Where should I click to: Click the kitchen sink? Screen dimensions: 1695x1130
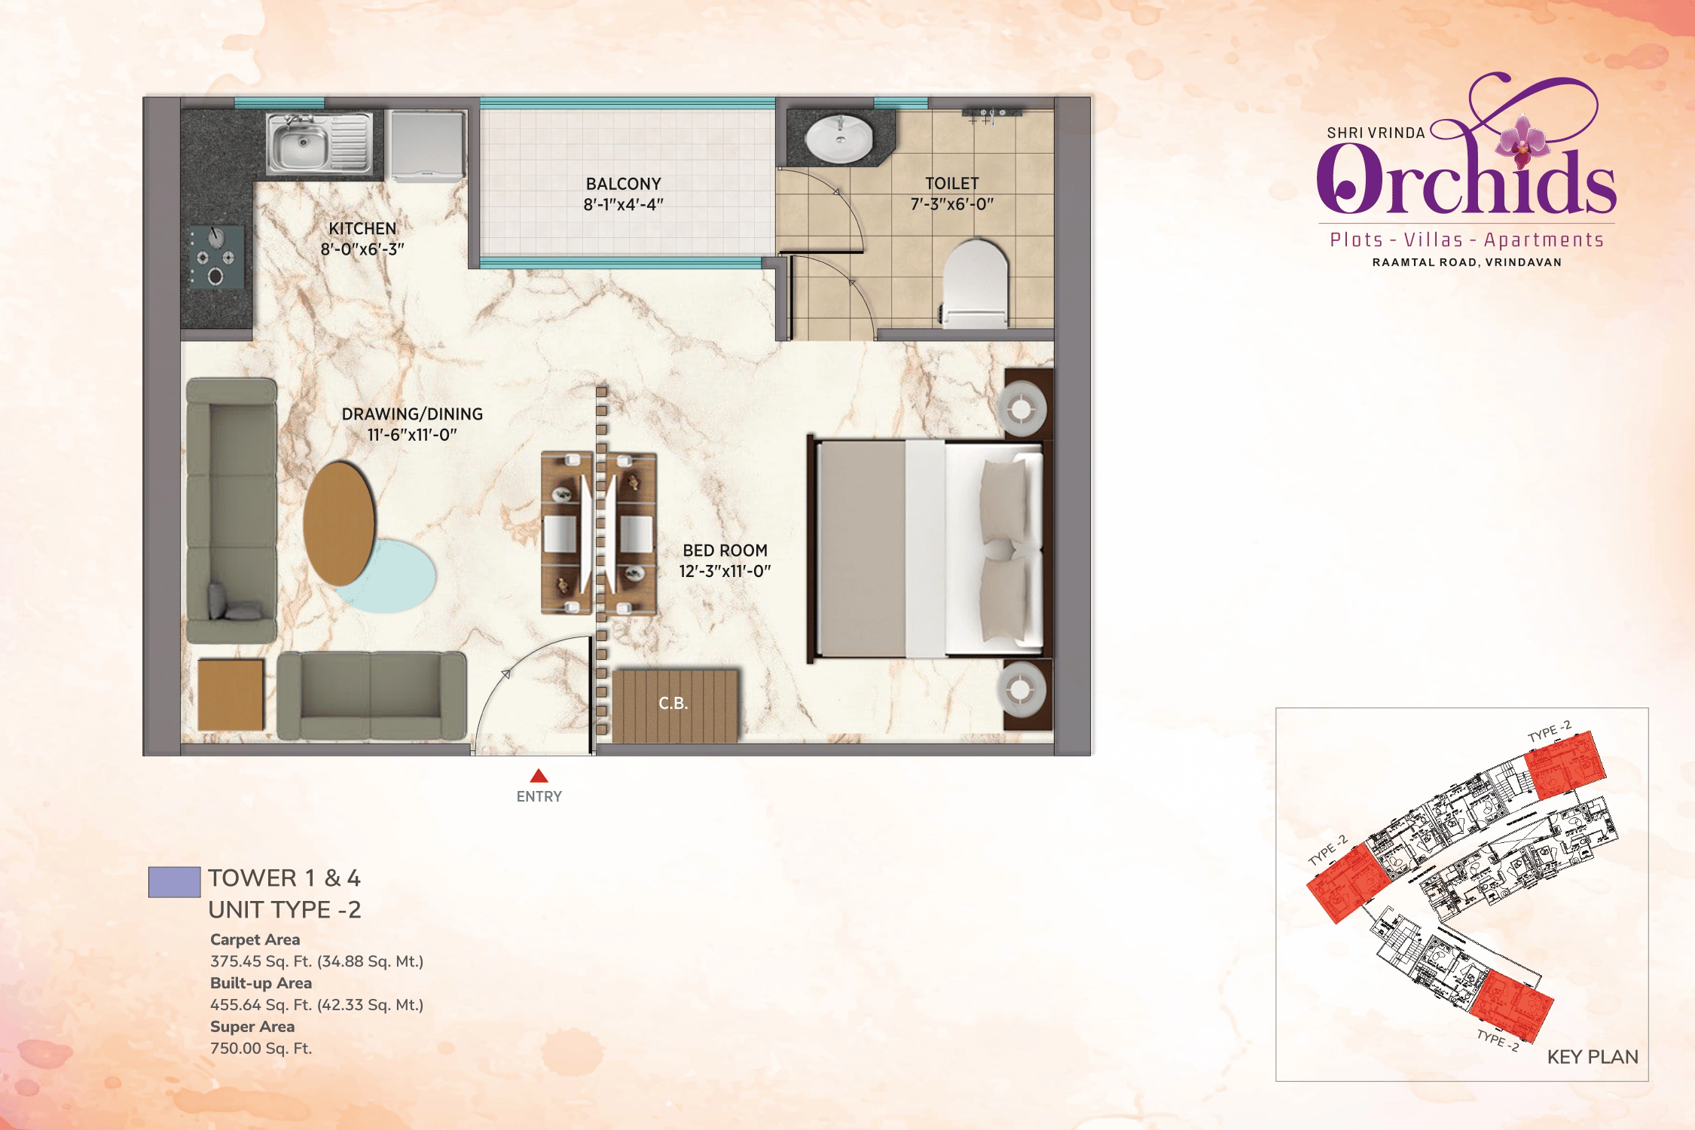[320, 143]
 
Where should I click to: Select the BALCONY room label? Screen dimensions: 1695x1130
[624, 184]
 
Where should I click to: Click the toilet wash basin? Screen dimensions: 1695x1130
[839, 138]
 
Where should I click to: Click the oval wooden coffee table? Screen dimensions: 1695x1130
[339, 524]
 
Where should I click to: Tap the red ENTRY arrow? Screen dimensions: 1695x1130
[539, 776]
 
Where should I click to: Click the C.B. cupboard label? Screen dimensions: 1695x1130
[673, 704]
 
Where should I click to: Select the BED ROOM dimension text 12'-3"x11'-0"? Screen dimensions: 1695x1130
[725, 571]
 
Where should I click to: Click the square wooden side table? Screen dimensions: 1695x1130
[231, 695]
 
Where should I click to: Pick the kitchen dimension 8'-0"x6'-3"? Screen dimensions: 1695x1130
[362, 249]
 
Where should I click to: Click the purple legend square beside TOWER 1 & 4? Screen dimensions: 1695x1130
[174, 882]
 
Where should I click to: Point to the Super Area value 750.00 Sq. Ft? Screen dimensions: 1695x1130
[261, 1049]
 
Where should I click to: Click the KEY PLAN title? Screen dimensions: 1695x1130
[1593, 1057]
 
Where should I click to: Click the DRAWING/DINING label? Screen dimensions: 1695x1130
[412, 414]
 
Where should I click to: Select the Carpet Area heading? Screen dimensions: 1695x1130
[255, 939]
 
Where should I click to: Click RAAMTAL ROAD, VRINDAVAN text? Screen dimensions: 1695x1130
[1467, 262]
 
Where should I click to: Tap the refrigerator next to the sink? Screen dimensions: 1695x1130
[428, 146]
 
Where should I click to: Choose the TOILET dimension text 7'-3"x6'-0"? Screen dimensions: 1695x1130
[952, 204]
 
